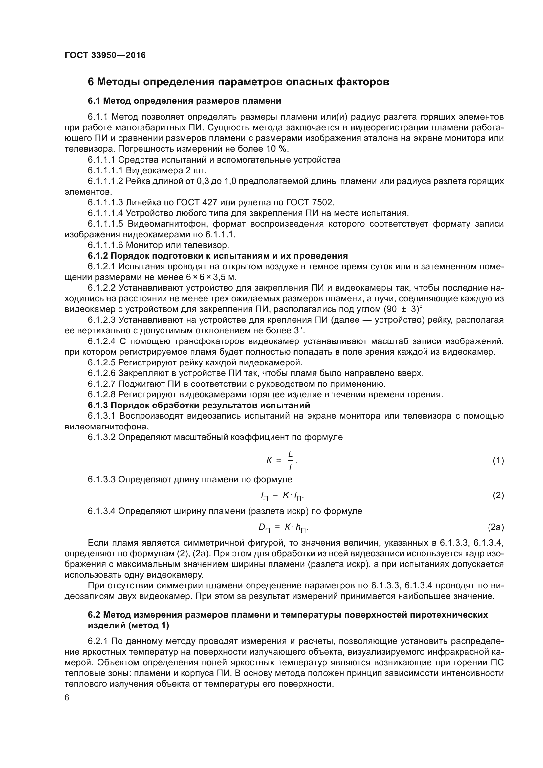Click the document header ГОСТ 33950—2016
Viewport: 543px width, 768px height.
105,55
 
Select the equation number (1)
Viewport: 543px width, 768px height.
498,461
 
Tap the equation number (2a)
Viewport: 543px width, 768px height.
495,528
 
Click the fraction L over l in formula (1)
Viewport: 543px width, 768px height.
290,460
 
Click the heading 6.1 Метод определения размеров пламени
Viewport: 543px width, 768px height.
184,101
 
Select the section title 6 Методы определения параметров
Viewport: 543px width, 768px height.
238,82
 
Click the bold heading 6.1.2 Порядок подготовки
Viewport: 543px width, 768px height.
218,256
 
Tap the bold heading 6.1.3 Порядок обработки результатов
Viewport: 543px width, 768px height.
199,406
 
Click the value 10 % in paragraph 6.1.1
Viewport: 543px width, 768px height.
277,149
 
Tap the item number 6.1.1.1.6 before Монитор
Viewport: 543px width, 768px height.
106,245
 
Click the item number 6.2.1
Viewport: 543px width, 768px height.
98,641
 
